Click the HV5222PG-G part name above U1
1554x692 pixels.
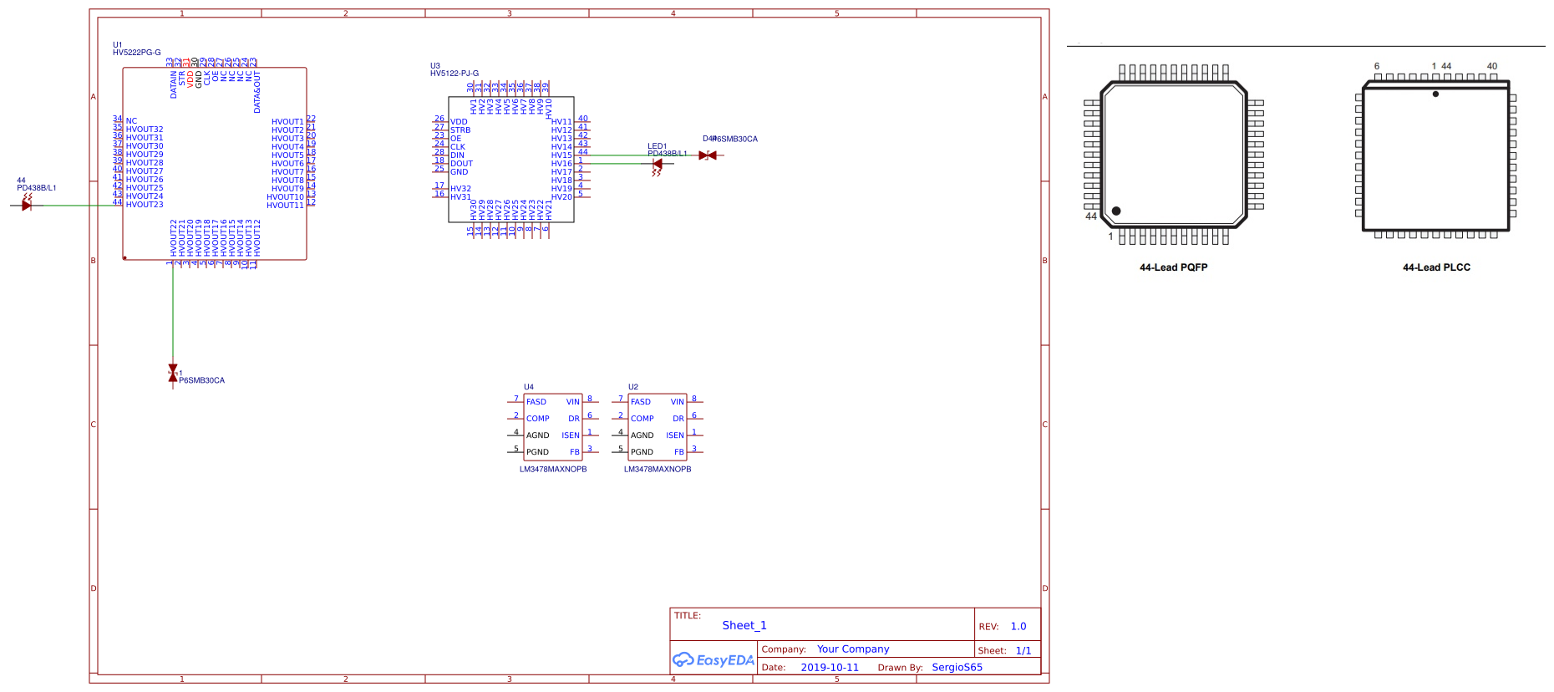(136, 53)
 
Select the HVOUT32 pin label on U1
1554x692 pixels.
(145, 130)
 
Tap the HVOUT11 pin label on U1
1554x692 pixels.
(285, 205)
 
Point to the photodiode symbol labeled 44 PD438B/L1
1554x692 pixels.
(27, 205)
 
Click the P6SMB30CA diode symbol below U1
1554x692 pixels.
(173, 373)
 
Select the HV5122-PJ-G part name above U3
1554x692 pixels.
(455, 74)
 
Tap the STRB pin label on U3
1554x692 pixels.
(460, 130)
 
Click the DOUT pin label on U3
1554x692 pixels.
(461, 164)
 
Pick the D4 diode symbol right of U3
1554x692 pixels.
(708, 155)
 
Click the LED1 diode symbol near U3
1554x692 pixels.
(658, 164)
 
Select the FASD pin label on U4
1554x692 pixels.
(536, 402)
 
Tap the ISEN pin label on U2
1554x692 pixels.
(675, 435)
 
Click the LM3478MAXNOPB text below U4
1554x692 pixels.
(553, 470)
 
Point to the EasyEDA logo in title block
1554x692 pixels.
(714, 660)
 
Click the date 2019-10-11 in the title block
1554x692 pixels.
(829, 668)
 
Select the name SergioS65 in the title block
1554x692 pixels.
(957, 668)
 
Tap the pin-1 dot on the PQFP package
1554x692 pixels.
(1116, 211)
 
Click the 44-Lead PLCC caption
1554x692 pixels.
(1436, 267)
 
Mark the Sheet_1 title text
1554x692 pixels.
(744, 625)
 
